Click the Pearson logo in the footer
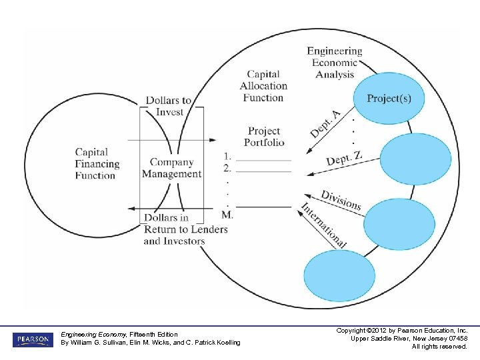click(31, 339)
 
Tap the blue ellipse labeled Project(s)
click(389, 99)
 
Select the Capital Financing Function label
click(97, 164)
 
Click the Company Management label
click(171, 168)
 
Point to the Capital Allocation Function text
click(263, 86)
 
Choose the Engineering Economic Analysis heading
click(335, 63)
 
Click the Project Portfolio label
click(264, 137)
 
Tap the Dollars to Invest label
click(169, 106)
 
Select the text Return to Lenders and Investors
click(185, 235)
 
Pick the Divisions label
click(341, 200)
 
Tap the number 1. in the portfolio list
click(228, 156)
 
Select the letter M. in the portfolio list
click(227, 215)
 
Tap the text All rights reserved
click(439, 346)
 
